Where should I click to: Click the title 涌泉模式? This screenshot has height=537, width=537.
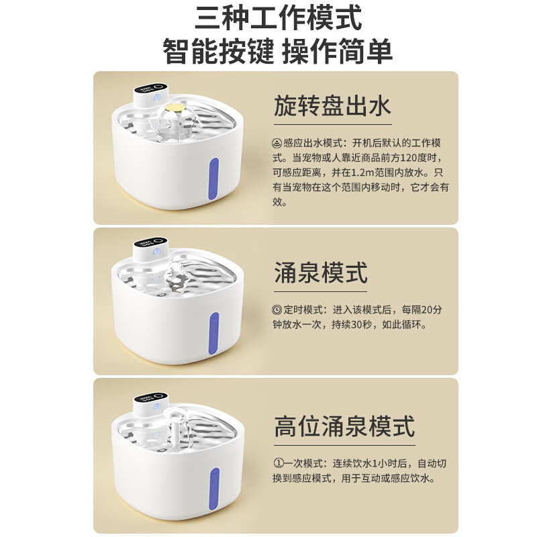(321, 273)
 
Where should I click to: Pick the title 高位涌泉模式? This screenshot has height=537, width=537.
(344, 426)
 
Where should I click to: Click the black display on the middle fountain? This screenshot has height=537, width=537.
(147, 243)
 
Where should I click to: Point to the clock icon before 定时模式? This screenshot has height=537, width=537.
(277, 309)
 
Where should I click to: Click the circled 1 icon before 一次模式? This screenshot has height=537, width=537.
(278, 463)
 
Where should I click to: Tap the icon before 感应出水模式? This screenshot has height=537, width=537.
(277, 143)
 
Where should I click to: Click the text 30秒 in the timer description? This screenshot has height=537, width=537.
(369, 324)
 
